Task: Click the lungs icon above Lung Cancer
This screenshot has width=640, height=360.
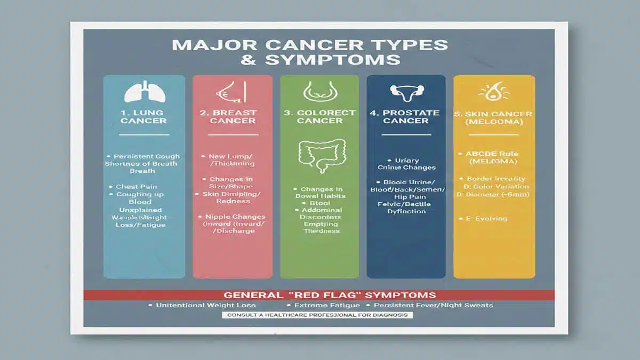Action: (144, 92)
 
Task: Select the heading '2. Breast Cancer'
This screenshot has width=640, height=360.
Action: (233, 117)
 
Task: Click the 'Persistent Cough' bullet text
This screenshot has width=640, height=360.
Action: (147, 156)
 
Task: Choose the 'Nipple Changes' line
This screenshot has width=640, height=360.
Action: (235, 217)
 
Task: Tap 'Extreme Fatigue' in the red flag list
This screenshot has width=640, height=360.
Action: (325, 306)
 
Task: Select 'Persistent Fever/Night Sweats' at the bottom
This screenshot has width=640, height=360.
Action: (433, 306)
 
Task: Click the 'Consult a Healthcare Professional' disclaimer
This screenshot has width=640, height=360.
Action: (318, 315)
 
